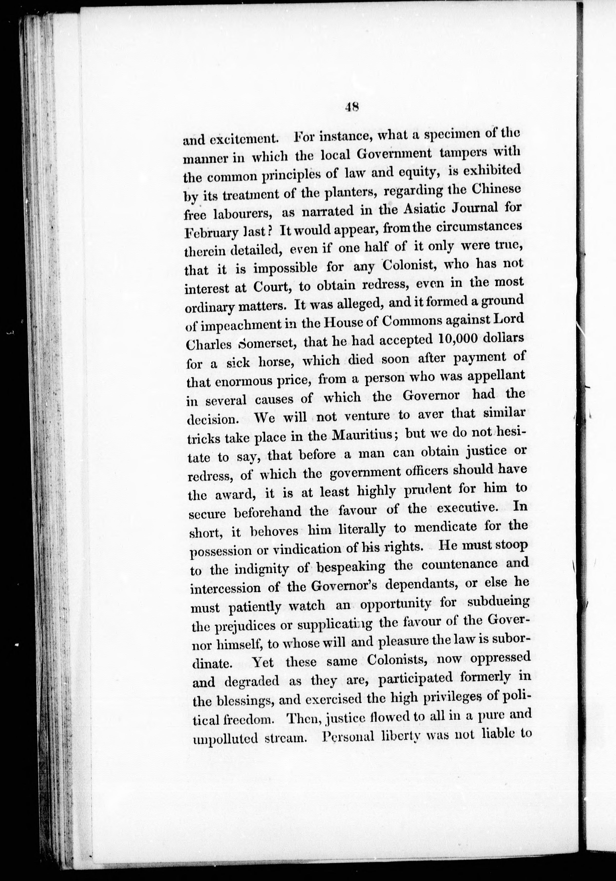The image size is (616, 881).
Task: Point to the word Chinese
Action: (498, 189)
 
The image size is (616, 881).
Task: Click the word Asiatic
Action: (408, 209)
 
